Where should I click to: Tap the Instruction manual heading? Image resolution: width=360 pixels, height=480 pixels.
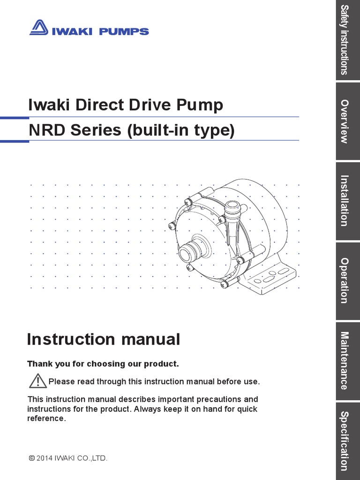pyautogui.click(x=104, y=339)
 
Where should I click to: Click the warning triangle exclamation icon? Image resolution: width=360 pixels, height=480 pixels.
pyautogui.click(x=37, y=381)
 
